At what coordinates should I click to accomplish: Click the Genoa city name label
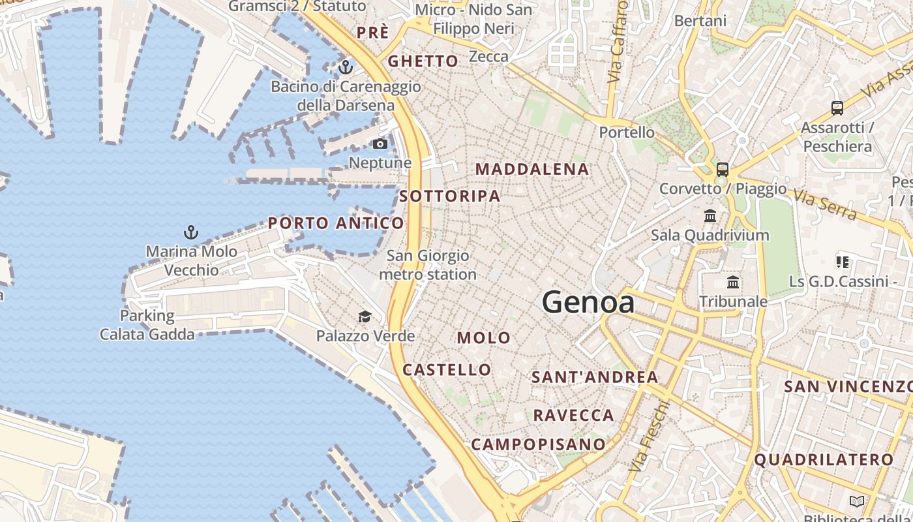tap(588, 302)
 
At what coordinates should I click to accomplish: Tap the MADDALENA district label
tap(532, 169)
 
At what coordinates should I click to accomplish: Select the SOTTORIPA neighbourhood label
tap(450, 196)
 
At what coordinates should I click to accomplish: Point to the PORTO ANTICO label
tap(336, 223)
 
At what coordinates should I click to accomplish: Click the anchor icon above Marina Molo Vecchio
tap(190, 232)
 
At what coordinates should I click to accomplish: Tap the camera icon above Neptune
tap(380, 144)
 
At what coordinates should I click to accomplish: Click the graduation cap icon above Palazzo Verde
tap(365, 317)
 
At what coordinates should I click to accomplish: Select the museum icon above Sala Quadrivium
tap(710, 215)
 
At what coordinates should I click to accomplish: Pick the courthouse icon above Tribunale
tap(733, 283)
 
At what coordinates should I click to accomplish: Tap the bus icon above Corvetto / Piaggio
tap(723, 170)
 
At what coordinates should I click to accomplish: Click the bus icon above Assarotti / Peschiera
tap(837, 108)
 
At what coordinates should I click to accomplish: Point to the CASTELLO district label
tap(447, 370)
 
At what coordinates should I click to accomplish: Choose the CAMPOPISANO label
tap(539, 444)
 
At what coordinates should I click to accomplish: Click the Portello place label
tap(627, 132)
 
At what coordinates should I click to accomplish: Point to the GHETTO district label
tap(423, 61)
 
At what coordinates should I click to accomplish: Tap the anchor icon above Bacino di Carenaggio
tap(345, 67)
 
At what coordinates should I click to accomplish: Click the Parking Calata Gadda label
tap(147, 325)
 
